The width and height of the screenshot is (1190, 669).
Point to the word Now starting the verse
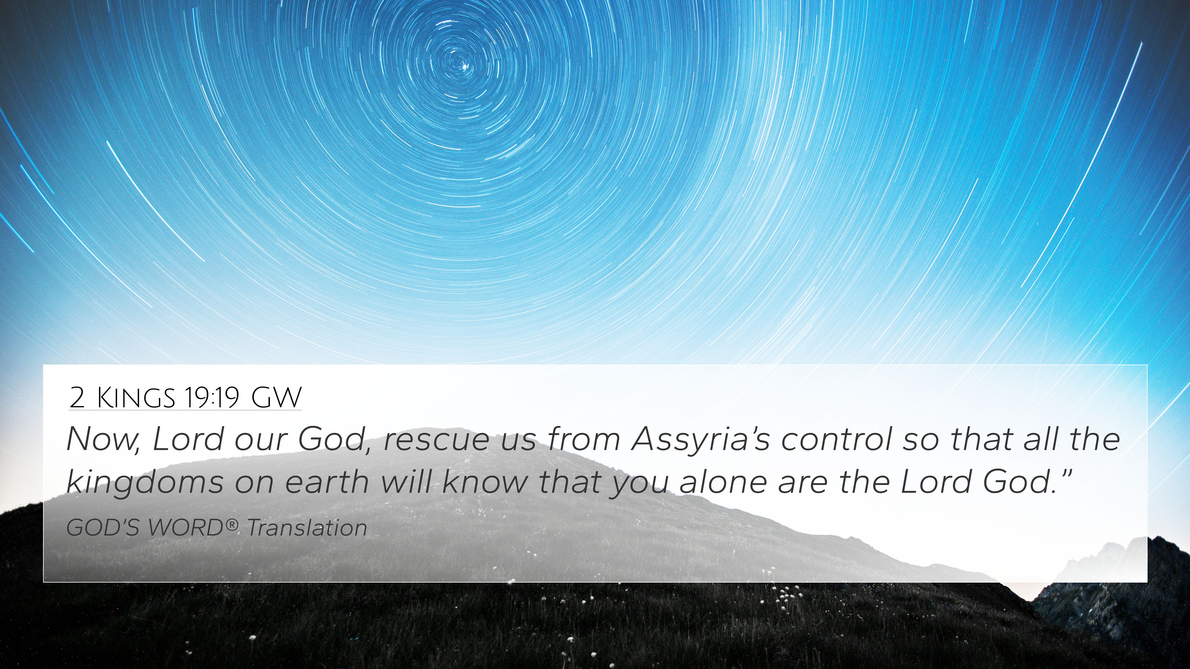[103, 439]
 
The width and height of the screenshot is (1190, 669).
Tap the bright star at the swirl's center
[464, 67]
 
